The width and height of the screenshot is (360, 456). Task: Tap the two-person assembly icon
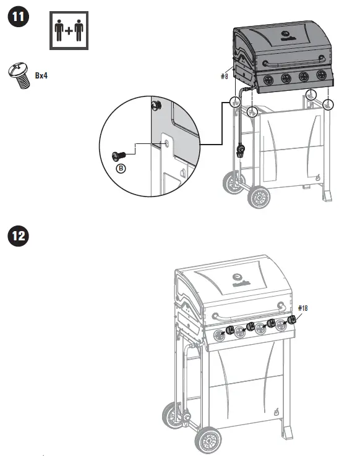point(69,29)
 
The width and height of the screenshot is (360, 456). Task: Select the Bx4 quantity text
point(41,75)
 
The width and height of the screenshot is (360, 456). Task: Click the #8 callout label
point(225,77)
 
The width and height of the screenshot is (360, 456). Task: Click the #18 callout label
point(303,307)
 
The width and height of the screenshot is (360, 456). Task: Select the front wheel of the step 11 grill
point(259,198)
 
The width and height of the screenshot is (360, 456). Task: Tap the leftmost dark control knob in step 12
point(229,329)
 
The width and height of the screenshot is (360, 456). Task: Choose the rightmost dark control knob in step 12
point(293,320)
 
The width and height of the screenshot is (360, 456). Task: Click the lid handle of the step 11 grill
point(296,64)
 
